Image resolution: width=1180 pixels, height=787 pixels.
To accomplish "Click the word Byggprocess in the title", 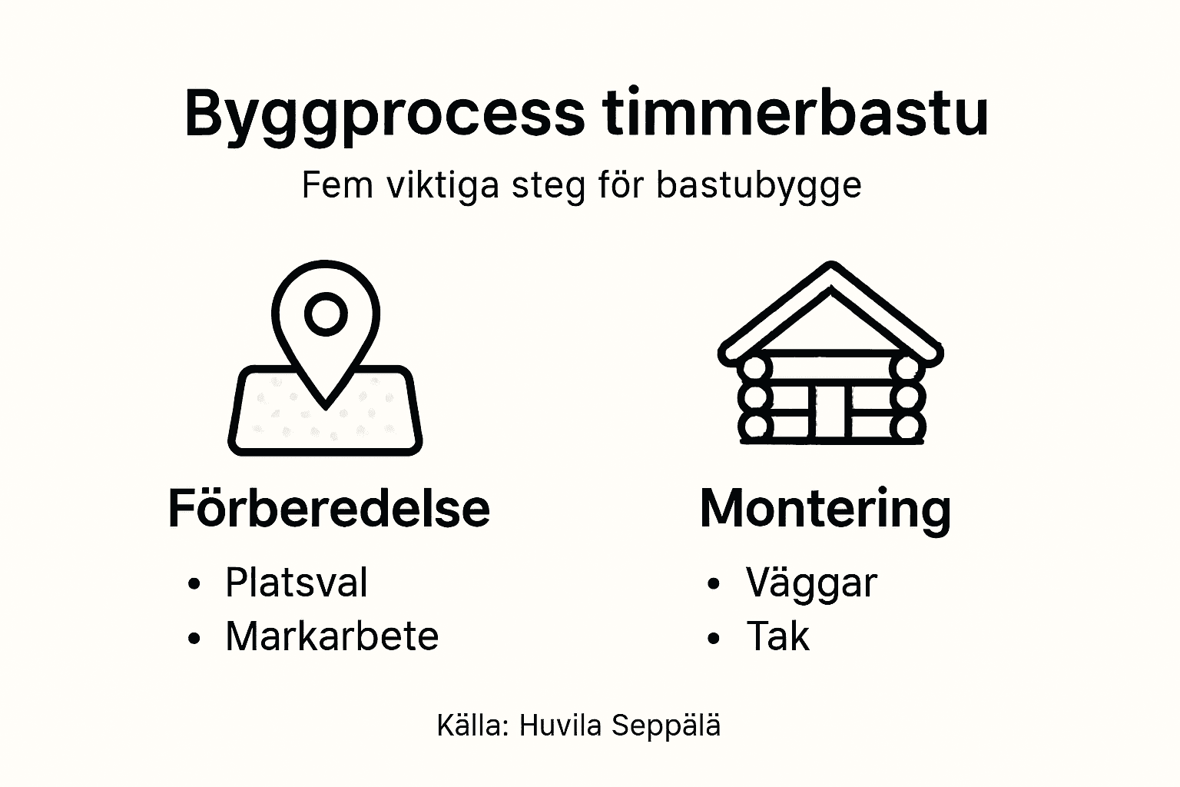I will tap(383, 114).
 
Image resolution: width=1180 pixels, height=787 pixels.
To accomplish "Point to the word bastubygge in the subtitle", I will tap(758, 187).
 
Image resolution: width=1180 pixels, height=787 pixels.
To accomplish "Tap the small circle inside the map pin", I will tap(326, 314).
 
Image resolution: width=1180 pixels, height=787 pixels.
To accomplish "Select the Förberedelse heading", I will tap(329, 508).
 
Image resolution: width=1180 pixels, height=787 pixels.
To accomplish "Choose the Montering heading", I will tap(825, 509).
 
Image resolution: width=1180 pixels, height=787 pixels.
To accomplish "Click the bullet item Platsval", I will tap(296, 583).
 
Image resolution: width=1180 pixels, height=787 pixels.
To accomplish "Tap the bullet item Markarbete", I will tap(331, 636).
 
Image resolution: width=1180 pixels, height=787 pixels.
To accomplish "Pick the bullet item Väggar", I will tap(810, 583).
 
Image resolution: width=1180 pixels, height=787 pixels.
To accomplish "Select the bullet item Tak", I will tap(777, 636).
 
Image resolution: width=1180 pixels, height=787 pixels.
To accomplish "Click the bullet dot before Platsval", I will tap(194, 584).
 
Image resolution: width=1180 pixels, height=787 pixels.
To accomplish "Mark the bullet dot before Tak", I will tap(714, 638).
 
